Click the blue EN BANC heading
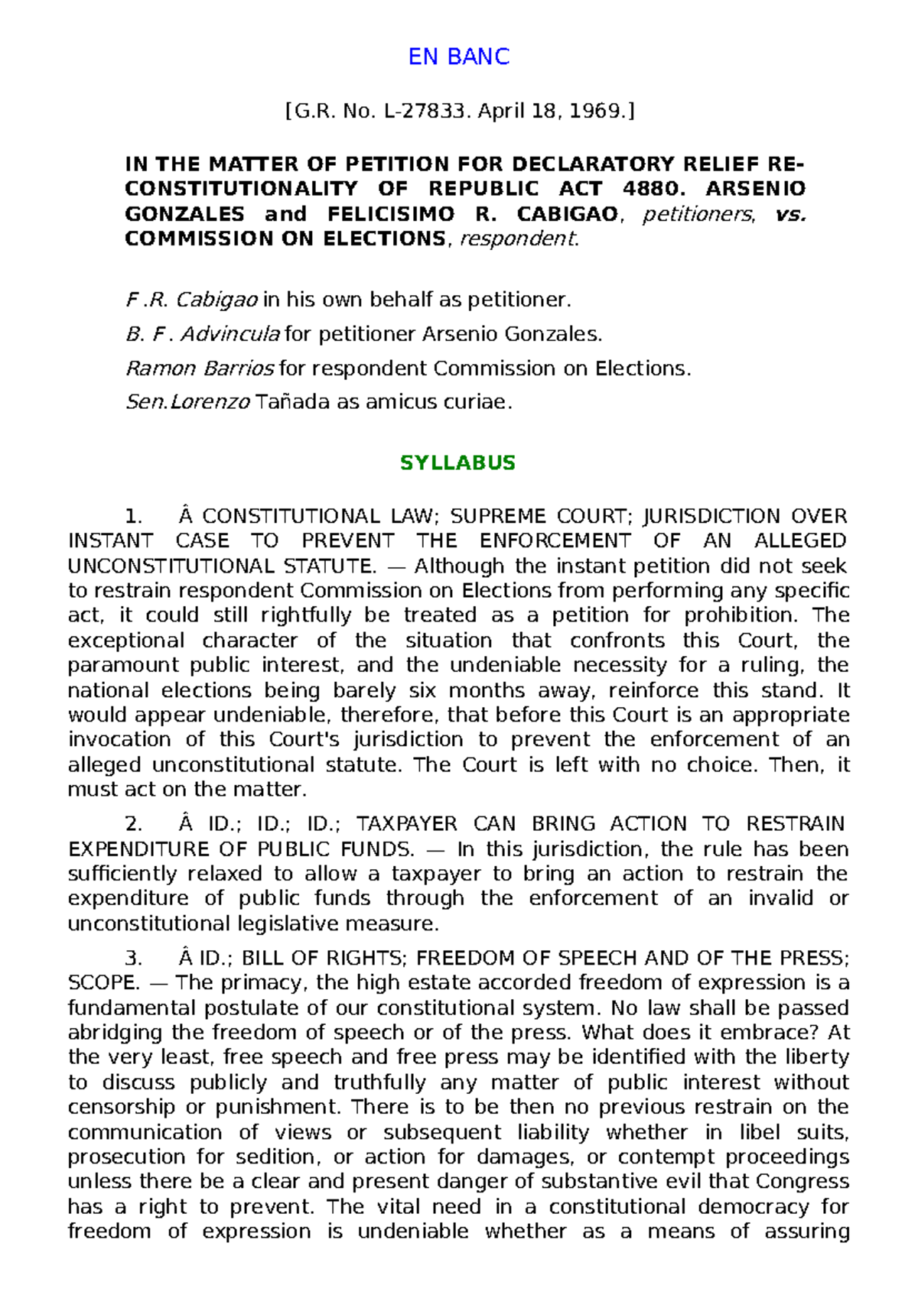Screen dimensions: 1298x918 [x=458, y=57]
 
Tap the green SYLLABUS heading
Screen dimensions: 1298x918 [x=457, y=463]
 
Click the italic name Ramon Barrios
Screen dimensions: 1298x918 [x=200, y=368]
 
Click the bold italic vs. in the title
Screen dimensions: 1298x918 [x=790, y=214]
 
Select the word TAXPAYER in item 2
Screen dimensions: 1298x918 [x=406, y=824]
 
